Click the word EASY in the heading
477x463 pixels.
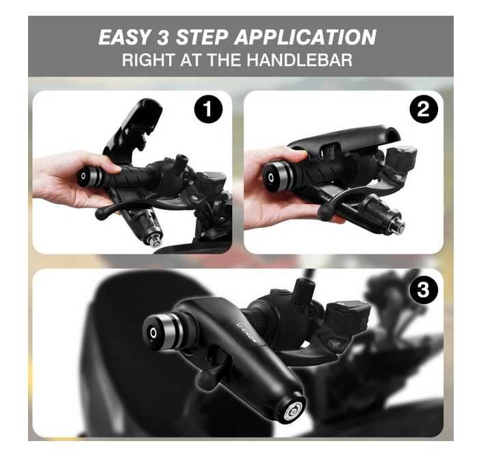pos(125,37)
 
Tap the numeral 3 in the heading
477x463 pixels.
pos(163,37)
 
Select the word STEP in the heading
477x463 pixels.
pos(202,37)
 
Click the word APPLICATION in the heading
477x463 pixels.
pos(305,37)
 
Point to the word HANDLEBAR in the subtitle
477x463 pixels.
pos(300,60)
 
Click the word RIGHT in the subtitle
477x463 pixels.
pos(149,60)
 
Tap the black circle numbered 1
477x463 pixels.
pos(208,109)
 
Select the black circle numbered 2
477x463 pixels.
pos(424,109)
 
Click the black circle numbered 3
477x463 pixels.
pos(424,289)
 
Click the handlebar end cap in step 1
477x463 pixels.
pos(89,177)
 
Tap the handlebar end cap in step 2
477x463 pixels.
pos(277,177)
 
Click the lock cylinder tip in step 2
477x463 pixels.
pos(398,225)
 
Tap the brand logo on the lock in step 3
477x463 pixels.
pos(247,334)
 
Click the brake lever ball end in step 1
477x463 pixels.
pos(101,214)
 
